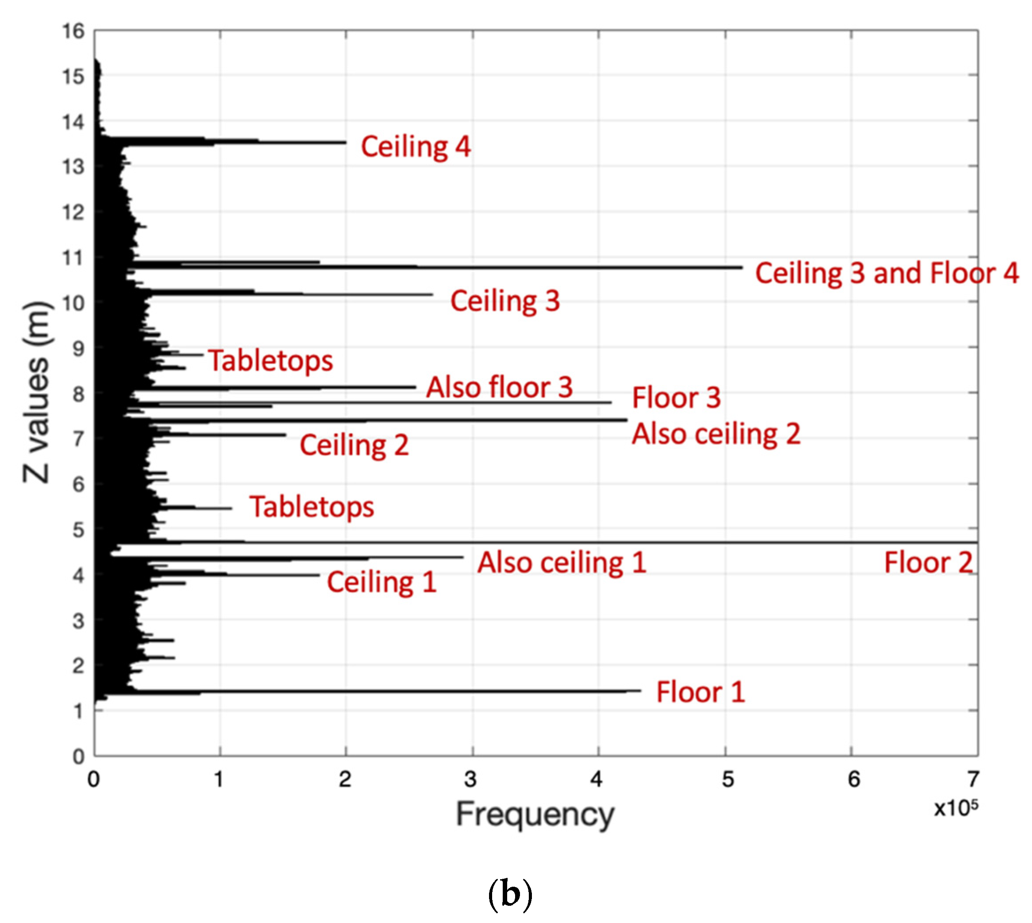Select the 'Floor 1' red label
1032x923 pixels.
click(700, 692)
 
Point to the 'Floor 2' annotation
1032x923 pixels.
click(928, 563)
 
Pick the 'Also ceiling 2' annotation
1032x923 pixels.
click(715, 434)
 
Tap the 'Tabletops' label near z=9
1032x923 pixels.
click(270, 360)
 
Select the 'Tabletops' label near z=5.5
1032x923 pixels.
click(311, 507)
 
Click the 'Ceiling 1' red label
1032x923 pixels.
click(381, 582)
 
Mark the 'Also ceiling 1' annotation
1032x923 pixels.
click(562, 563)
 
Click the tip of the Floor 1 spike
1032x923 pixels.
click(640, 691)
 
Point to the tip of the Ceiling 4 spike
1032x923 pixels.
click(345, 142)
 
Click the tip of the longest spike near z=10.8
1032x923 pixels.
click(742, 267)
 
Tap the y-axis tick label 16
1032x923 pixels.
click(73, 31)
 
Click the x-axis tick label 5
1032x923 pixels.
click(727, 779)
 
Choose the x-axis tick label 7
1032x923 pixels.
click(973, 779)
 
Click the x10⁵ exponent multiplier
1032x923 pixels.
click(956, 808)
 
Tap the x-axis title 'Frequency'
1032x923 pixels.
click(535, 816)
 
